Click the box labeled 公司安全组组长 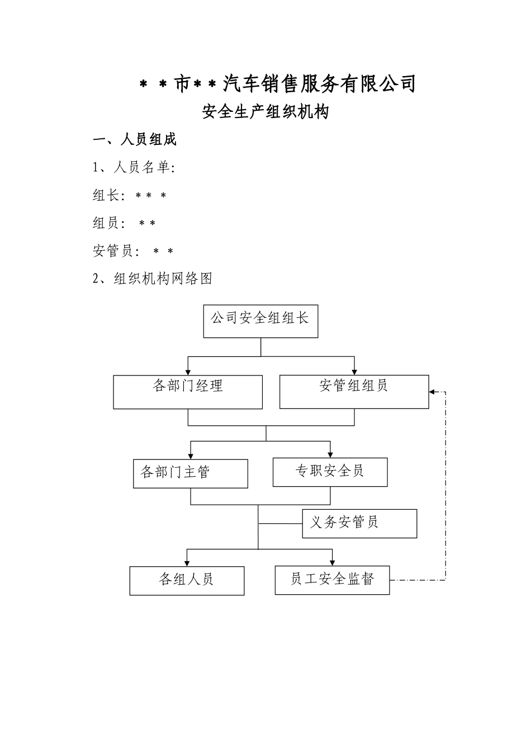(260, 321)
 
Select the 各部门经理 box (188, 392)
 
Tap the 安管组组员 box (354, 392)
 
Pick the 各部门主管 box (190, 473)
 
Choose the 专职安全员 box (330, 472)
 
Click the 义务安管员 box (359, 523)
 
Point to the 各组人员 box (187, 580)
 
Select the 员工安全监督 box (332, 580)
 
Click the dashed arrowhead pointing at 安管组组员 (433, 392)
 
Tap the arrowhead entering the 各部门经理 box (188, 372)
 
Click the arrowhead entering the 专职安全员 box (330, 454)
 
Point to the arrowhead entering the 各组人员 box (187, 562)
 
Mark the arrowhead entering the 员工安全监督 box (333, 562)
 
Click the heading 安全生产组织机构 (265, 112)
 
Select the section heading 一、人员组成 (135, 140)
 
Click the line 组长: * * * (130, 195)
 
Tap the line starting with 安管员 (133, 251)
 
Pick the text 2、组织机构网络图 (153, 279)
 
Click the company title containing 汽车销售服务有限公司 (277, 84)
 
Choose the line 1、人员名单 (134, 167)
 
